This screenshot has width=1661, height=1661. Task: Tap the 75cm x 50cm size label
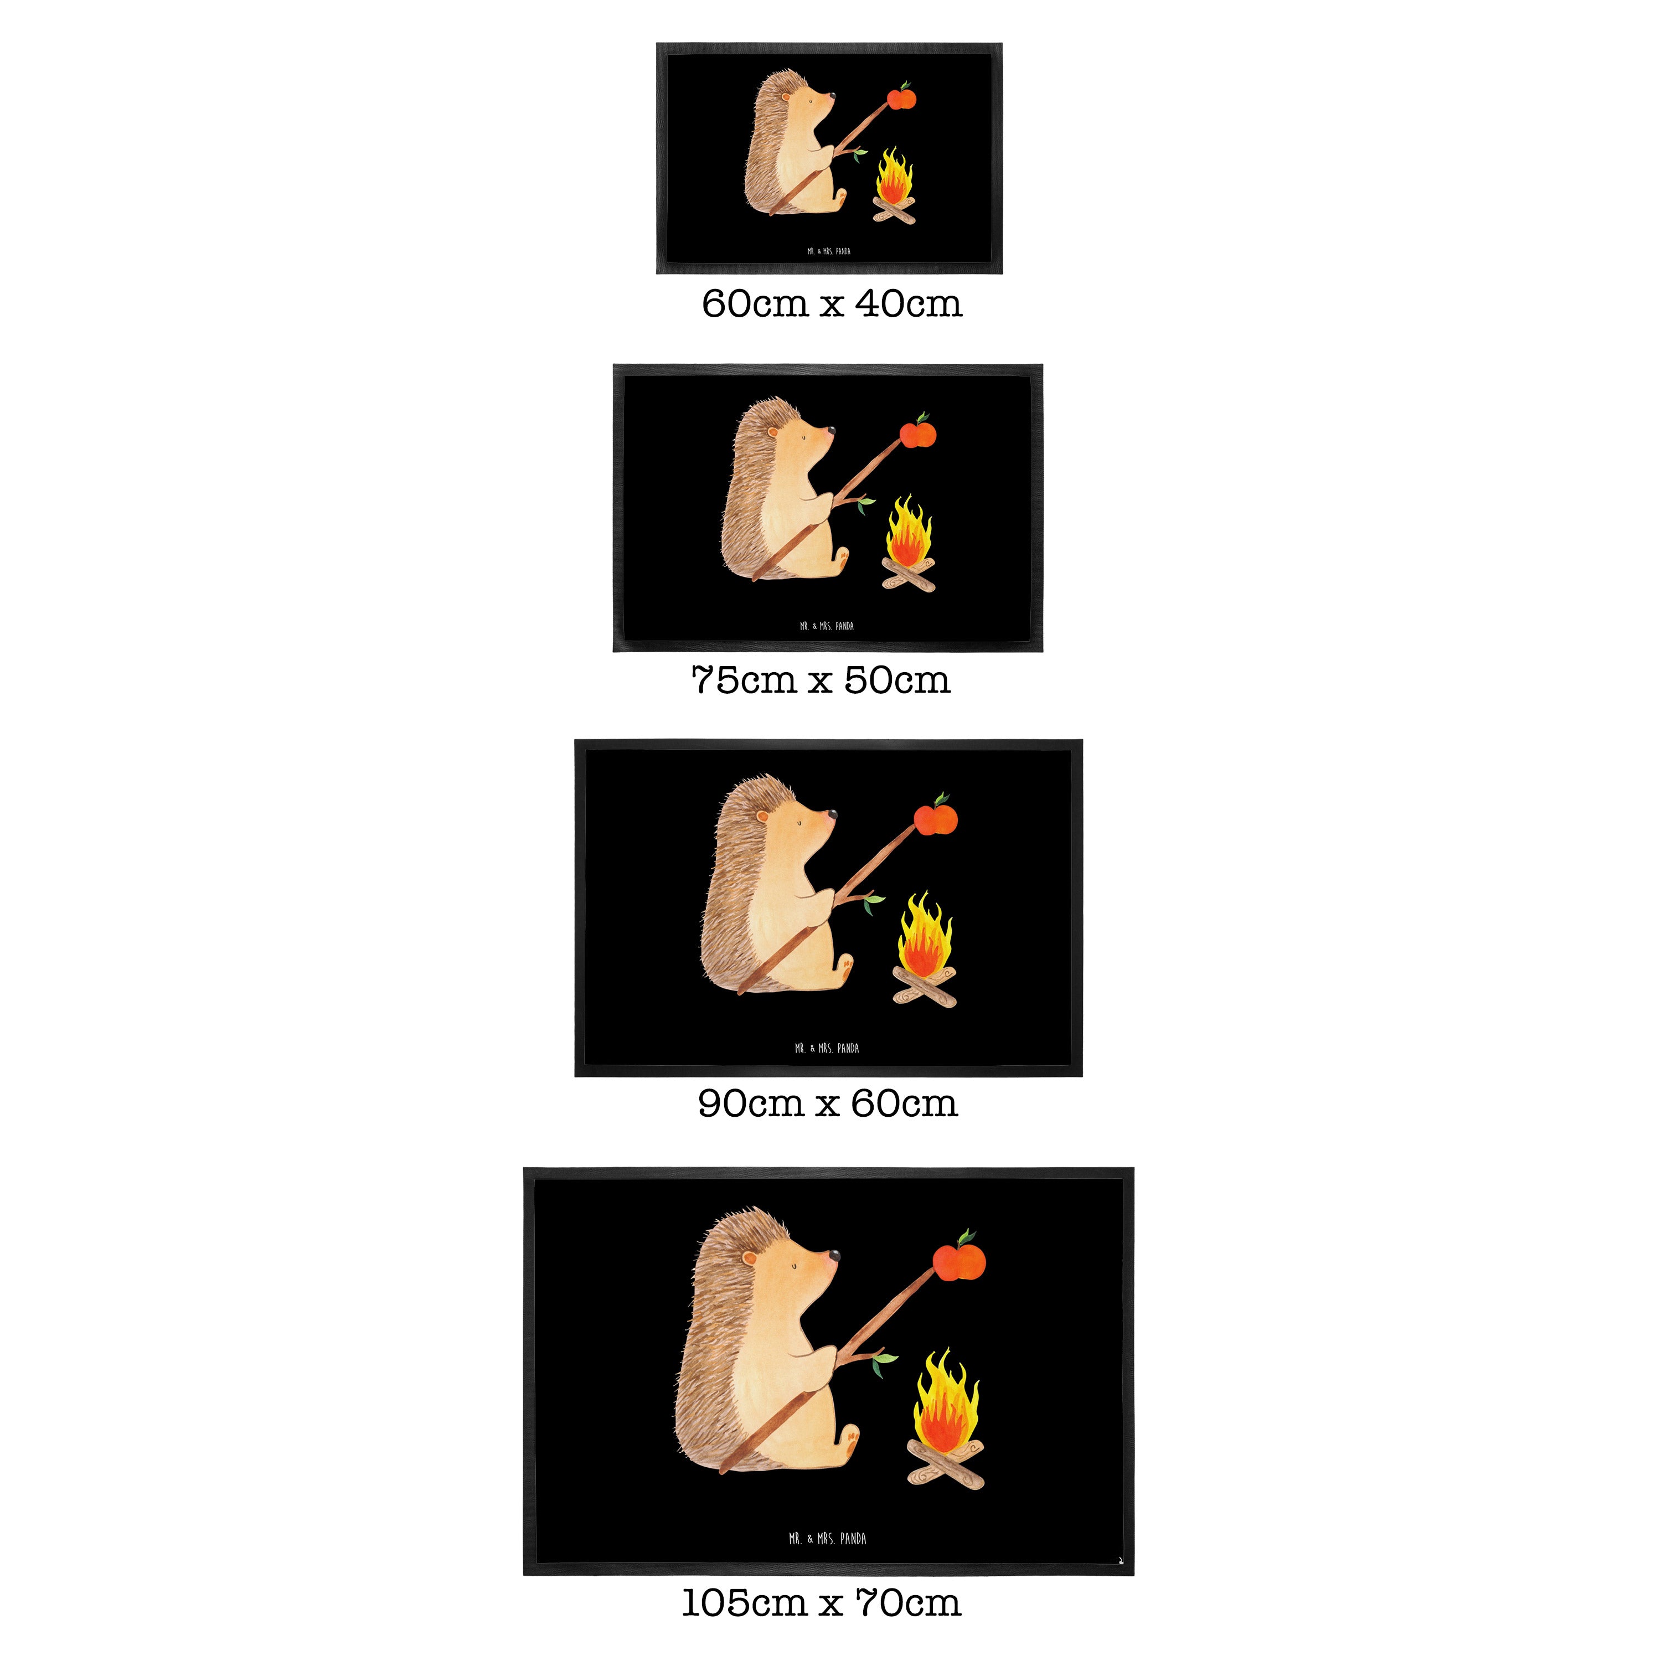pyautogui.click(x=821, y=680)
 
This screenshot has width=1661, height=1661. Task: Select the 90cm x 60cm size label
pyautogui.click(x=827, y=1103)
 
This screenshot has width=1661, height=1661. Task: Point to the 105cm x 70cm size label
pyautogui.click(x=821, y=1602)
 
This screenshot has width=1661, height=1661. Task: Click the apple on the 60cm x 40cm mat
pyautogui.click(x=902, y=97)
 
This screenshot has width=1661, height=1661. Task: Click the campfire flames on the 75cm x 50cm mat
pyautogui.click(x=909, y=529)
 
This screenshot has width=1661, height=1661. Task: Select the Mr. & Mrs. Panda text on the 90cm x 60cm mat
pyautogui.click(x=827, y=1048)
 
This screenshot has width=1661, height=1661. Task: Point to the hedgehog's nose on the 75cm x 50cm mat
pyautogui.click(x=830, y=427)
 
